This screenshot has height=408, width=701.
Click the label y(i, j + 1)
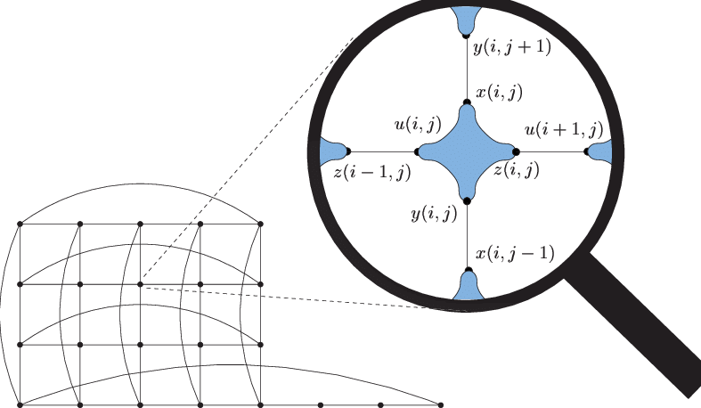512,47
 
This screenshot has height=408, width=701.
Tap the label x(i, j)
499,93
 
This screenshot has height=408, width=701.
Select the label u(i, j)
418,124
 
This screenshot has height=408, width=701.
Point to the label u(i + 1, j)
564,129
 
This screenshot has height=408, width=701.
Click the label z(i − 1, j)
372,173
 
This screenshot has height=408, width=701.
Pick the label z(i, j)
517,170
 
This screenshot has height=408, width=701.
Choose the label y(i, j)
434,214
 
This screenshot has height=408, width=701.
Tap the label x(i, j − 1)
515,253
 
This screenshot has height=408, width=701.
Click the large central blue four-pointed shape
467,152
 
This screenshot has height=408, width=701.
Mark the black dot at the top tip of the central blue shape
467,102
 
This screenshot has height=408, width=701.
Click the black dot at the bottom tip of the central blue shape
467,201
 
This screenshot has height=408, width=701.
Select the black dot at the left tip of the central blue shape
417,152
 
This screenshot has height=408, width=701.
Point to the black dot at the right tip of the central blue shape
516,152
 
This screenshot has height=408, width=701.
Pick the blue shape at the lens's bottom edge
469,287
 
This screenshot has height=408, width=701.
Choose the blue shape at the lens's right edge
600,151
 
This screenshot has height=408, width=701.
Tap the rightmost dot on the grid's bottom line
441,404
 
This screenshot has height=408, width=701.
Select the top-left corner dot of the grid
20,224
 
